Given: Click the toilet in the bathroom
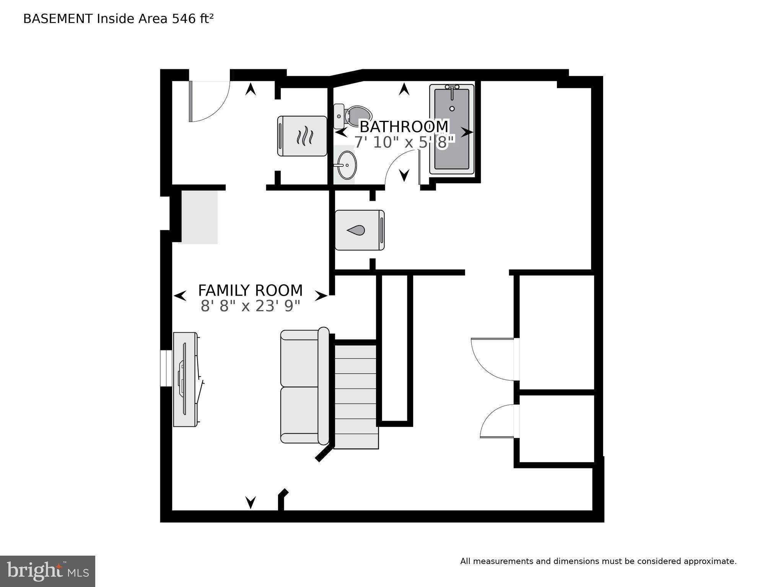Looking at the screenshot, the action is (352, 116).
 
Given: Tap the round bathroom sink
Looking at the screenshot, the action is (347, 165).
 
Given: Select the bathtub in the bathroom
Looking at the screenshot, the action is (452, 129).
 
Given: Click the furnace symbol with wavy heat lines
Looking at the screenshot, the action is (302, 136).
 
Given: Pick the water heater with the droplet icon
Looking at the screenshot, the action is (360, 230).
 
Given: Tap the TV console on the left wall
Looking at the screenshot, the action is (187, 379).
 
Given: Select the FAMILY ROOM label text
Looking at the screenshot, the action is (250, 290).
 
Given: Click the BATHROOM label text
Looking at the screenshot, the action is (404, 127).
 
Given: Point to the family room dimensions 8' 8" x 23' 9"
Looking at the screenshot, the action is (250, 306).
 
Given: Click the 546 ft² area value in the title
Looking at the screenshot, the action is (192, 18).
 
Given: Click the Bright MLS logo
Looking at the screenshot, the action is (47, 571).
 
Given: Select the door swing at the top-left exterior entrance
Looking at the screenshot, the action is (210, 101).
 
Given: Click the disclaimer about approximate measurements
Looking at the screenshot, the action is (598, 561).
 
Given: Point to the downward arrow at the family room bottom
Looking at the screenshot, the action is (251, 502).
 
